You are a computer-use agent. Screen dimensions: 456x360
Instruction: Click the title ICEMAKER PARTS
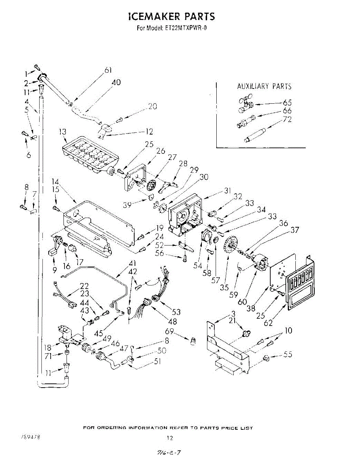172,17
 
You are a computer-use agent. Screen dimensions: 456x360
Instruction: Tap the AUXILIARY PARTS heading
264,86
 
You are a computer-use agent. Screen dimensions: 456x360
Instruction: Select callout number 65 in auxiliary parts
287,103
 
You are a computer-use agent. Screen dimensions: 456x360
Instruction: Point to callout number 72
287,119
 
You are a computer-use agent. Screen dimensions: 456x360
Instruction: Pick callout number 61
108,70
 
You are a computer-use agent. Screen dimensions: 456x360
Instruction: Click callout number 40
116,82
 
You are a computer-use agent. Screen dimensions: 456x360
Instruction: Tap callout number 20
152,107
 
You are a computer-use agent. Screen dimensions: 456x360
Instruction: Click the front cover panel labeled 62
300,283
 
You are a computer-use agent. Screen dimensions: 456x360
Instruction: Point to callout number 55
288,354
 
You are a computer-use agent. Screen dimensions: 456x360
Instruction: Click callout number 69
170,332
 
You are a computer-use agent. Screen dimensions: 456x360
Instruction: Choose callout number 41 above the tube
133,263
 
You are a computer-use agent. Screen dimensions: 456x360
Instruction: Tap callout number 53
176,312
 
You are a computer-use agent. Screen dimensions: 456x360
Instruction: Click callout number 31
227,191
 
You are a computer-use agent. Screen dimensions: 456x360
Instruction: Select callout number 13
63,132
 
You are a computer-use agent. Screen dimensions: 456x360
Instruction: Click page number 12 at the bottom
170,438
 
